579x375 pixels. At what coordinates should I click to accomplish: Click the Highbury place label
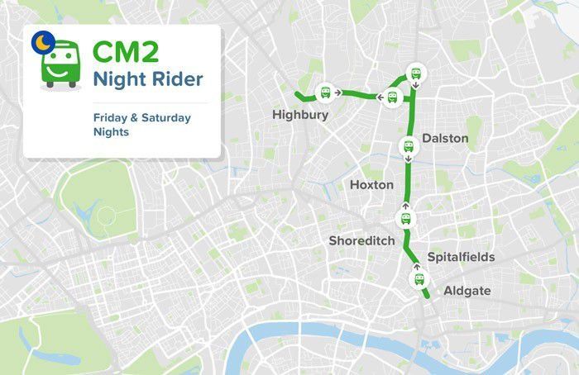point(300,115)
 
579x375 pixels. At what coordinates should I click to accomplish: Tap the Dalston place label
point(444,139)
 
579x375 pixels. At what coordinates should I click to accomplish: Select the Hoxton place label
point(371,185)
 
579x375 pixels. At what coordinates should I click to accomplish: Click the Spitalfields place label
point(461,257)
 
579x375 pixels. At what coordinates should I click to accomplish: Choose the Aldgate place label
point(467,291)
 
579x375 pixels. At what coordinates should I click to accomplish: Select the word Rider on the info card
point(176,81)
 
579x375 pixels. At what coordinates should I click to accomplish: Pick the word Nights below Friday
point(111,131)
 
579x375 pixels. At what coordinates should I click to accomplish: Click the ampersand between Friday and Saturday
point(134,117)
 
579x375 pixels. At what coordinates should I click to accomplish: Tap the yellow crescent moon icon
point(40,40)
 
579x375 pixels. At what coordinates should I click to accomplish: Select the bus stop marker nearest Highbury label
point(326,92)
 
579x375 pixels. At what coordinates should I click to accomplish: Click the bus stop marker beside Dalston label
point(408,148)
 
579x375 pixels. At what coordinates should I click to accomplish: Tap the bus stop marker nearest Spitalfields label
point(419,279)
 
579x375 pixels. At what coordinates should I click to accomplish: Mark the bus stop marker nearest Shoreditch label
point(406,218)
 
